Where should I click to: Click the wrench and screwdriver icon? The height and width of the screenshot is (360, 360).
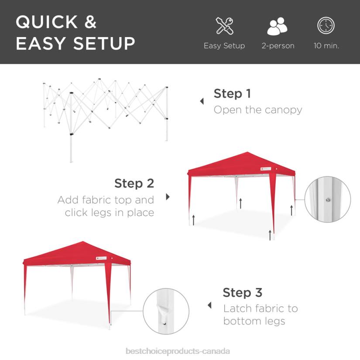click(224, 26)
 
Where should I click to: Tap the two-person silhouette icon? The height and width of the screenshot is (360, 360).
click(278, 27)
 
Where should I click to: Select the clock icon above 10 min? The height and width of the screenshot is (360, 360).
click(326, 26)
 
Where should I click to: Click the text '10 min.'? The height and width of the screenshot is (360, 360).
click(326, 45)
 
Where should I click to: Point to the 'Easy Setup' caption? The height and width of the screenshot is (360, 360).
click(224, 45)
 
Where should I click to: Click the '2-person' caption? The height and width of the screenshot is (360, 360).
click(278, 45)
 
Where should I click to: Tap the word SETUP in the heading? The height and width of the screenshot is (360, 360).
click(104, 44)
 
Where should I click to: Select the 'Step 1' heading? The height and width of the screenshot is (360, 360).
click(232, 93)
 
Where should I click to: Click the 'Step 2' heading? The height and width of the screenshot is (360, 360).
click(134, 183)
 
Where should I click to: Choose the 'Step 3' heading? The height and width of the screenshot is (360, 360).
click(242, 292)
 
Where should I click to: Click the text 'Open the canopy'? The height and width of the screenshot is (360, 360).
click(257, 110)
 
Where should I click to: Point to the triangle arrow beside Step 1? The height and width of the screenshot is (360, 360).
click(202, 101)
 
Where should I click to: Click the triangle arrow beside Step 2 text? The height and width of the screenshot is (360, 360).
click(168, 197)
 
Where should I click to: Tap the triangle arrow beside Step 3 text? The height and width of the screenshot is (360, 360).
click(209, 305)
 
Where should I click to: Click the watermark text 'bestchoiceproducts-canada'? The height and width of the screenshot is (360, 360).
click(178, 351)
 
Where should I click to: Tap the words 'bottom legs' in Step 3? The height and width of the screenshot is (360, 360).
click(254, 321)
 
